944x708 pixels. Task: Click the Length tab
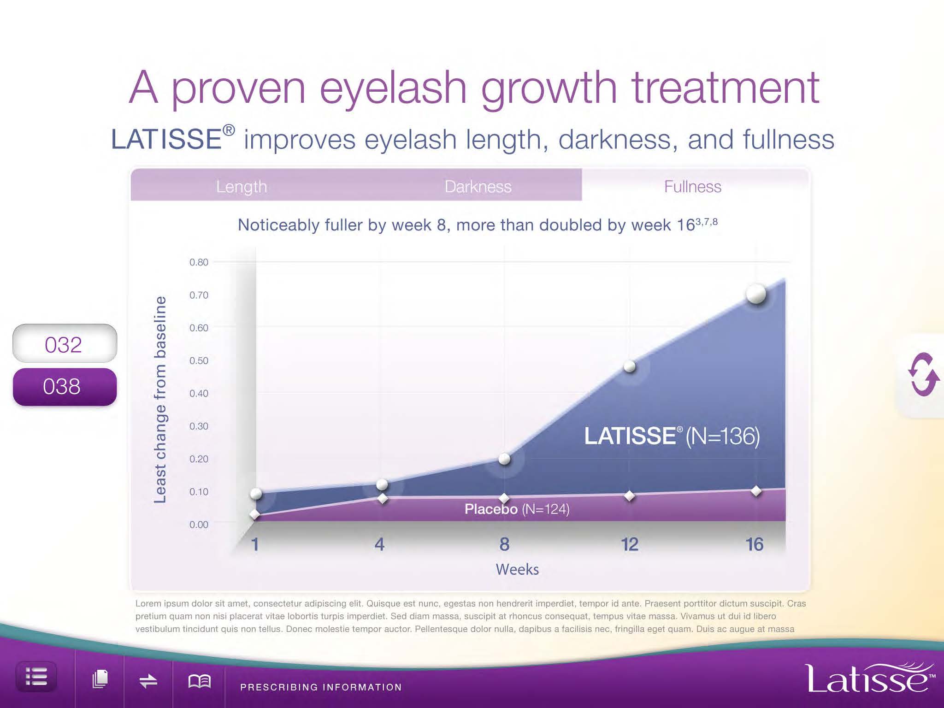242,186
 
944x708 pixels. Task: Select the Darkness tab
478,186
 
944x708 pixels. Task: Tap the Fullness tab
692,186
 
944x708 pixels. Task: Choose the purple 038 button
65,386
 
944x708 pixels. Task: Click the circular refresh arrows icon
923,374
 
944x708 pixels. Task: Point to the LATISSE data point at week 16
756,294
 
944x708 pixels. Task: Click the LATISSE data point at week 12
630,366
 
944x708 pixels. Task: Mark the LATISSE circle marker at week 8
504,459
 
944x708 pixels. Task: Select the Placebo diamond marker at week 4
383,498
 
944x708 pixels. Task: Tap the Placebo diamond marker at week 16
756,491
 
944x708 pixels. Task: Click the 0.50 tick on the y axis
199,360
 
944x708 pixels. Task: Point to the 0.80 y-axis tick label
199,262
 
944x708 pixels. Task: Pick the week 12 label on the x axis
630,544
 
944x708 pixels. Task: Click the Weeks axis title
517,569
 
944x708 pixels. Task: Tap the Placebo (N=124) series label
517,509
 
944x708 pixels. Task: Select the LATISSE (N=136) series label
672,436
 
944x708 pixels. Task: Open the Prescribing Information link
321,687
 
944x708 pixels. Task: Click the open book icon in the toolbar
200,681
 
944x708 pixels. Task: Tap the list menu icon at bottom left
36,677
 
